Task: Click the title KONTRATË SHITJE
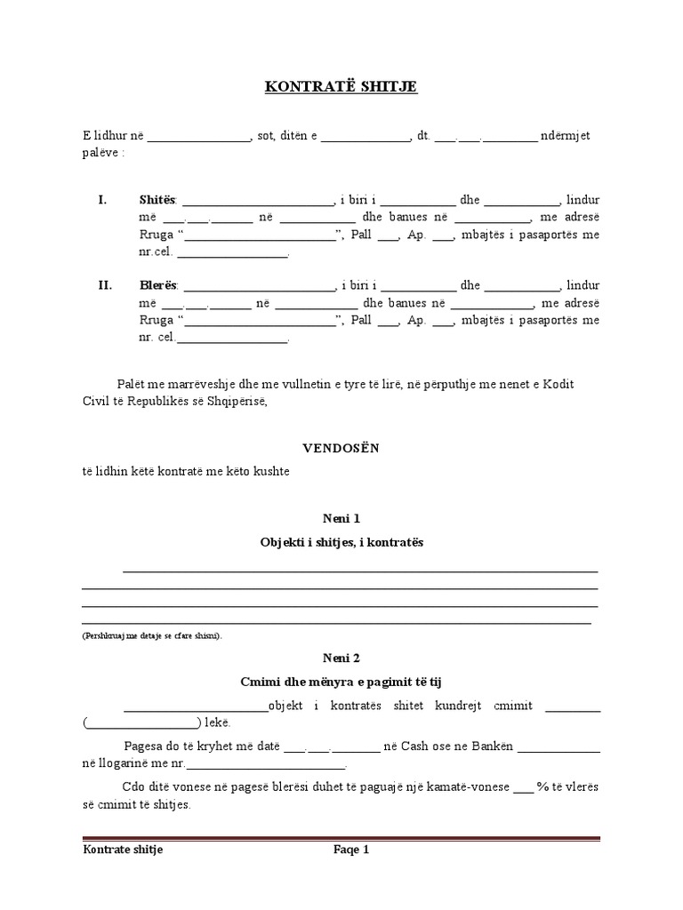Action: [x=341, y=86]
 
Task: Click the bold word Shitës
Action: [x=158, y=199]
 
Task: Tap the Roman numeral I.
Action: [x=102, y=199]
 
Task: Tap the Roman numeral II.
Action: [x=105, y=285]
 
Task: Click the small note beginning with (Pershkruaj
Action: [x=153, y=635]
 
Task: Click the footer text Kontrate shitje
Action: [x=123, y=850]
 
